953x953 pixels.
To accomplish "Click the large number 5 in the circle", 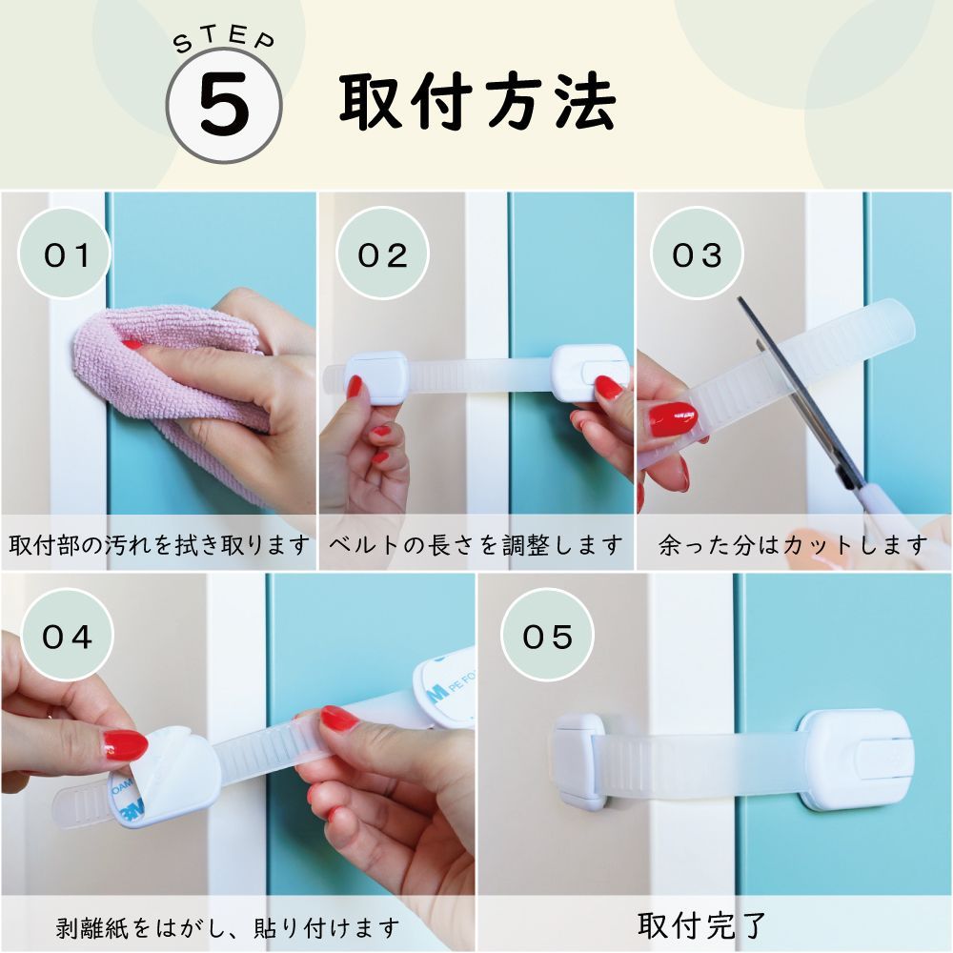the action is (x=224, y=105).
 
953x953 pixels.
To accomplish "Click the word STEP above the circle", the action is (x=224, y=40).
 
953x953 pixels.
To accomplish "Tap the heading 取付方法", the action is (x=478, y=102).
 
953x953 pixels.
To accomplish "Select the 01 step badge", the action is (x=66, y=253).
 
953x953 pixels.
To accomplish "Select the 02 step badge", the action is (x=382, y=253).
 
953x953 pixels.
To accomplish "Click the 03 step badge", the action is (x=698, y=253).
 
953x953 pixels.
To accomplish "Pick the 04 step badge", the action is (x=67, y=636).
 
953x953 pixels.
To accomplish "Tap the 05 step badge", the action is (x=547, y=636).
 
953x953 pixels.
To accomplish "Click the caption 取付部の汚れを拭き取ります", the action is (x=159, y=544).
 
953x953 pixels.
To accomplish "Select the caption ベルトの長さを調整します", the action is (x=476, y=544).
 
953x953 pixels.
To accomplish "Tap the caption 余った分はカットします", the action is (x=793, y=544).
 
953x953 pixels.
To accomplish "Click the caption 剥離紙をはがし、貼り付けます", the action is (x=228, y=927).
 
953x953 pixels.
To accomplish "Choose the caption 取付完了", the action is (x=702, y=925).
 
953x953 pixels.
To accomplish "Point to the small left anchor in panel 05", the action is (x=578, y=760).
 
